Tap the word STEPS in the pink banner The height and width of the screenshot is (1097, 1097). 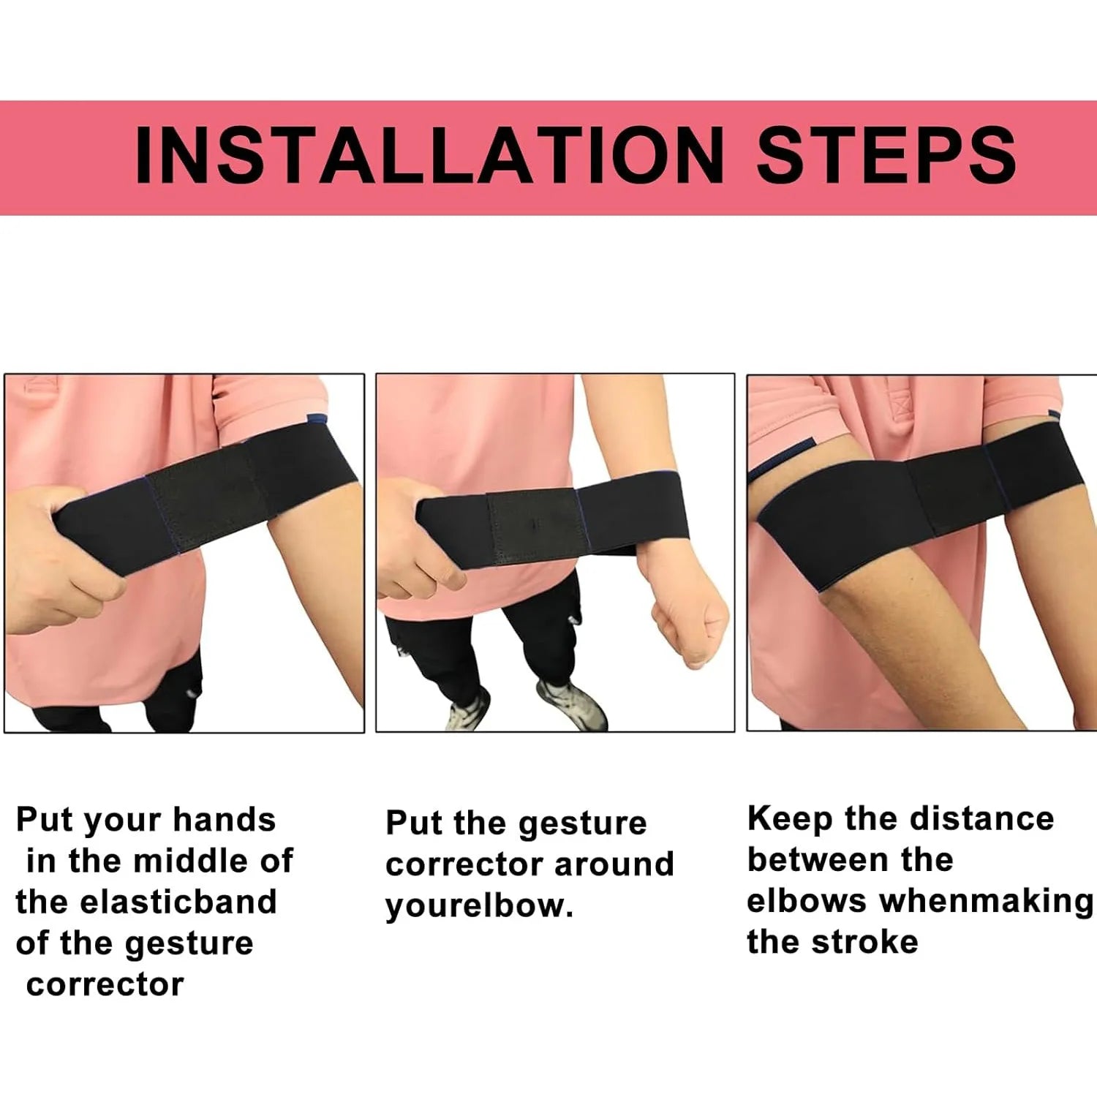886,156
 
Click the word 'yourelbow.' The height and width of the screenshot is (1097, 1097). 479,906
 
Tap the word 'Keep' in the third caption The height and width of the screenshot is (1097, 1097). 790,820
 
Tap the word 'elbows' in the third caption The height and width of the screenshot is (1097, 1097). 806,901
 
